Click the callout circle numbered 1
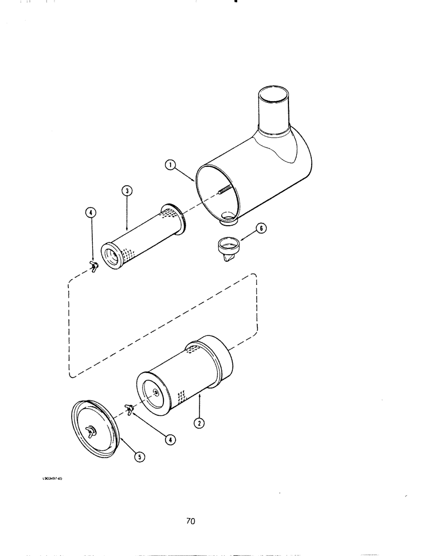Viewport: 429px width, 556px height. tap(171, 165)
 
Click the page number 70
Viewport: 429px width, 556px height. tap(191, 522)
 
